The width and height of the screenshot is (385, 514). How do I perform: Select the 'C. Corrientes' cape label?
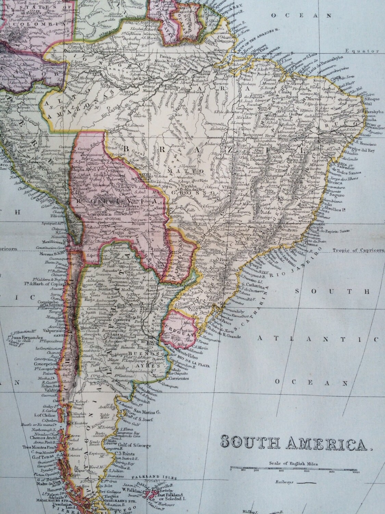tap(178, 378)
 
